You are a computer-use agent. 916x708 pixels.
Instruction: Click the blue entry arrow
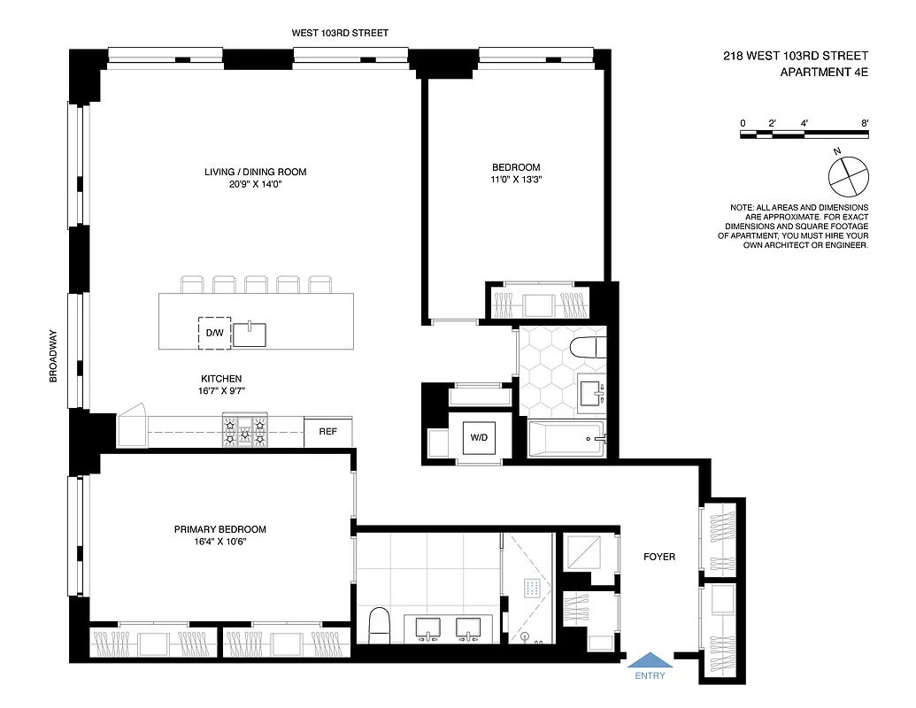(x=650, y=660)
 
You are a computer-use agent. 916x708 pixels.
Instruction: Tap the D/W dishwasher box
(x=214, y=333)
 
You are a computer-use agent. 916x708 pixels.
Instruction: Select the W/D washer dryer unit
(x=479, y=437)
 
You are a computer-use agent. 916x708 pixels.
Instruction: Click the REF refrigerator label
(x=327, y=432)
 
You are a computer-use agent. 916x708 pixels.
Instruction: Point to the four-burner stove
(x=244, y=431)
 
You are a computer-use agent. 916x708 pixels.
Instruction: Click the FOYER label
(x=659, y=557)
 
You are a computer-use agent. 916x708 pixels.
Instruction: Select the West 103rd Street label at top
(x=340, y=33)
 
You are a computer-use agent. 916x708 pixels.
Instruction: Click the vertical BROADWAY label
(x=53, y=356)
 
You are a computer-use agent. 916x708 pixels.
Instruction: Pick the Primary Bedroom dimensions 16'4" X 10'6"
(x=219, y=542)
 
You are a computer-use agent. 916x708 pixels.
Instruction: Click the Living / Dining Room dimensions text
(x=255, y=184)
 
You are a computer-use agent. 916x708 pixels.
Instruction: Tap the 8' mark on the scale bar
(x=863, y=123)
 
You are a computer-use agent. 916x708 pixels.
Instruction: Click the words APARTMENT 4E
(x=824, y=73)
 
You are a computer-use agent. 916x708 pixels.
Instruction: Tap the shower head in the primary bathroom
(x=532, y=587)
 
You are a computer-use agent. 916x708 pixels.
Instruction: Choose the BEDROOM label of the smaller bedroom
(x=515, y=167)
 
